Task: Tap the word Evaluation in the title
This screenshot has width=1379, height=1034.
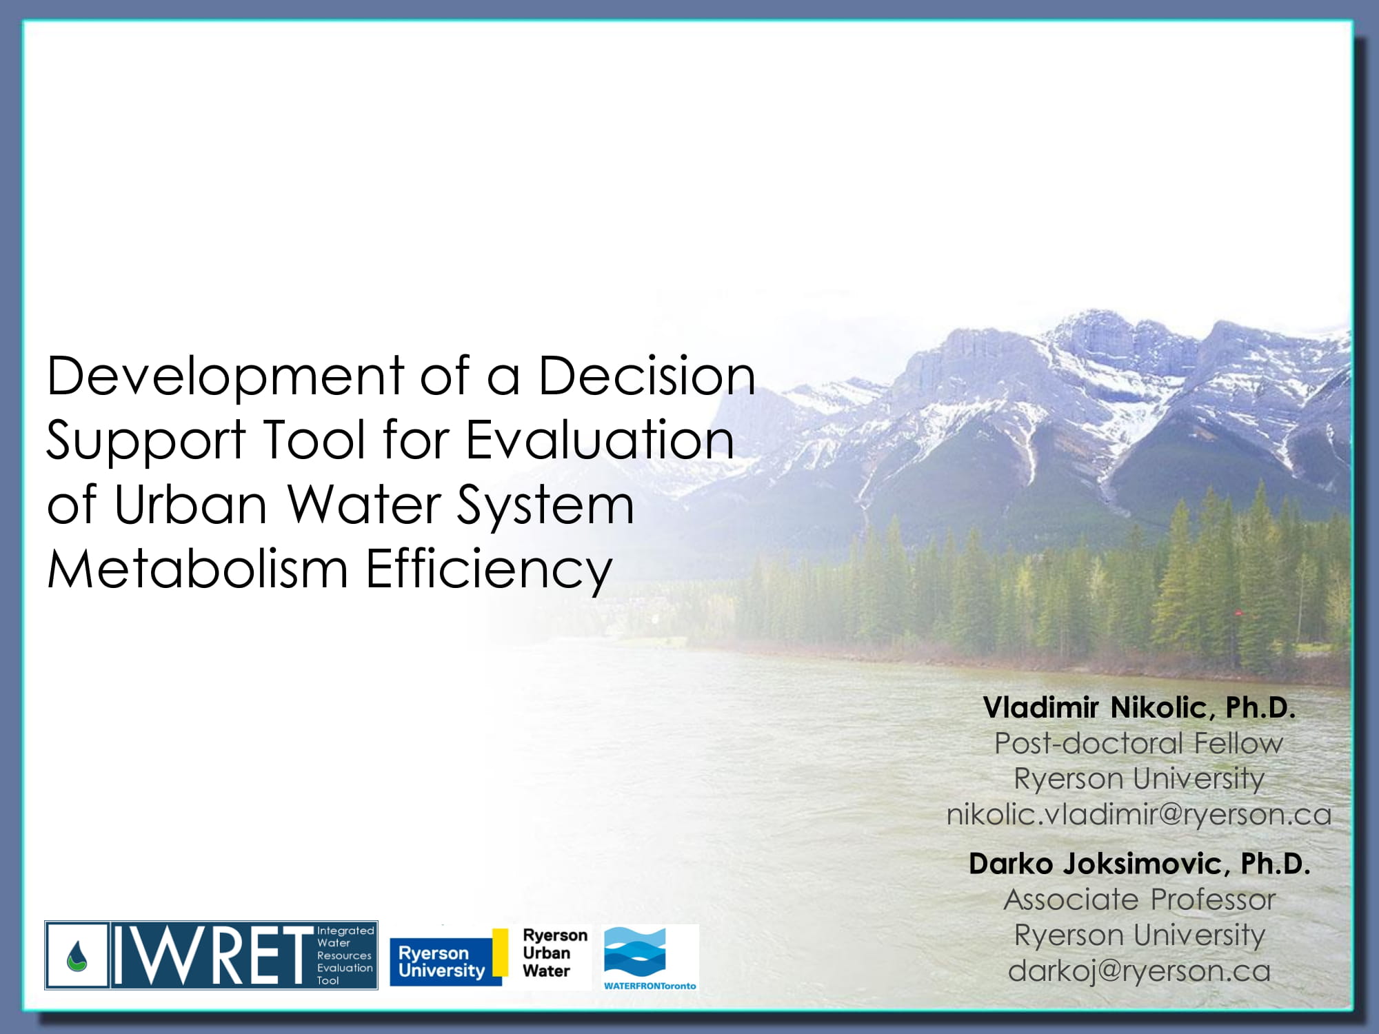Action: coord(600,440)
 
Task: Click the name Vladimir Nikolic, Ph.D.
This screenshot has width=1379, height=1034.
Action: coord(1139,708)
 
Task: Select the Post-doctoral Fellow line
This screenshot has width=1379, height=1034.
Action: coord(1138,743)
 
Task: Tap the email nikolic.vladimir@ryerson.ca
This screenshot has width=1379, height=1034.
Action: coord(1139,815)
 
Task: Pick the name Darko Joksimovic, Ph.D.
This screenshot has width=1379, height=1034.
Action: coord(1139,864)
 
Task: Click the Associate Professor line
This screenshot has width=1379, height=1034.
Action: coord(1140,900)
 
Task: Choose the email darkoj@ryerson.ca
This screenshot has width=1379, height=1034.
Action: coord(1139,971)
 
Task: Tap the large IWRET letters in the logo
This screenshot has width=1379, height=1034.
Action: coord(212,955)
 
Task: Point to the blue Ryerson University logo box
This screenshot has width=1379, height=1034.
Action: coord(441,962)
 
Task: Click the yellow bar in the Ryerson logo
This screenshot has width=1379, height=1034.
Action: coord(500,952)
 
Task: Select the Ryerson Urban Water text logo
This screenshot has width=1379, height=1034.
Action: coord(554,953)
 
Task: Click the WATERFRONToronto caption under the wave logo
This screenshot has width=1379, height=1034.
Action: coord(650,986)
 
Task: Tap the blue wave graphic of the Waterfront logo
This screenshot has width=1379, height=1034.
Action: coord(635,951)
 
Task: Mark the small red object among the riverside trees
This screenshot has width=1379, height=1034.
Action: coord(1238,612)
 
